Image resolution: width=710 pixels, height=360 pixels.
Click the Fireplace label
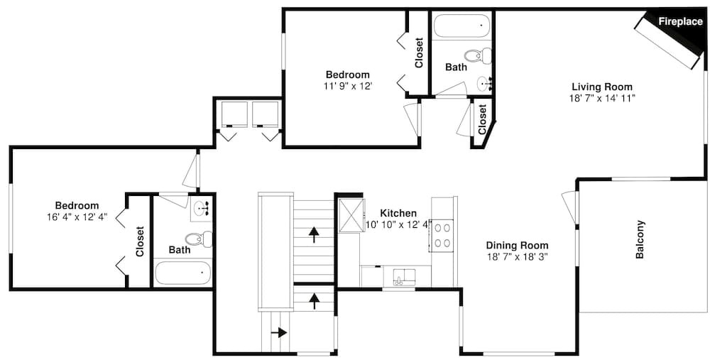[679, 21]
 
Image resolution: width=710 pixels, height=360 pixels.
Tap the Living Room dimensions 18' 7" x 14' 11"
[602, 98]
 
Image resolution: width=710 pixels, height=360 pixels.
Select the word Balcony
[640, 239]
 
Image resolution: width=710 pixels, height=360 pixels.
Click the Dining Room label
[517, 245]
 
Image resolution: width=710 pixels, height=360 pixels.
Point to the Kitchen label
[398, 213]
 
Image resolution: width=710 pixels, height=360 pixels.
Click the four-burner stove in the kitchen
[443, 235]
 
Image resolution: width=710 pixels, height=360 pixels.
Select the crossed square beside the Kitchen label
[350, 214]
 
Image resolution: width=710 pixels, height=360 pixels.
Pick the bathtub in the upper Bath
[462, 27]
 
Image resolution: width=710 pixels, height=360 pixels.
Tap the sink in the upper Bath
[485, 84]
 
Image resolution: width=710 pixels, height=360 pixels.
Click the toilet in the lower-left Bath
[199, 239]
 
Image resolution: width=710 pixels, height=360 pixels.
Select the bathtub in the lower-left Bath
[182, 273]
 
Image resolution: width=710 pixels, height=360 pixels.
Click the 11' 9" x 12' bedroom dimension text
[347, 85]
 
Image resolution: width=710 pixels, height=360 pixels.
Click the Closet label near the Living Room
[482, 120]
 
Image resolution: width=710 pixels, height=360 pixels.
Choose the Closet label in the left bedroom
[140, 241]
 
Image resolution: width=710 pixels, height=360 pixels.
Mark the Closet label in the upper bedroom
[418, 53]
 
